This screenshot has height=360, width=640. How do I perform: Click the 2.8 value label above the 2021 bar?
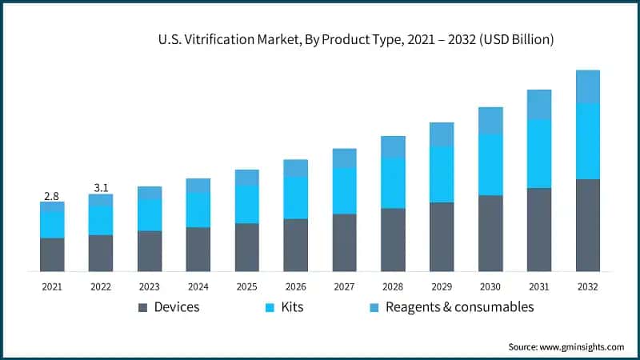[x=52, y=195]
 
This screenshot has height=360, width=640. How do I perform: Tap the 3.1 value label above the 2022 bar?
[x=101, y=187]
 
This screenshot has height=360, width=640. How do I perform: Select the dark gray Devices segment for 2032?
[x=588, y=226]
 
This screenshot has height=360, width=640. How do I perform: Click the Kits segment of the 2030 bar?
[x=490, y=165]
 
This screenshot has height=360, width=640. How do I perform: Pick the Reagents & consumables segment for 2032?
[x=588, y=86]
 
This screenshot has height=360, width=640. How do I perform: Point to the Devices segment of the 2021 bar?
[x=52, y=254]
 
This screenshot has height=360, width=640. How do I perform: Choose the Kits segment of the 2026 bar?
[x=295, y=198]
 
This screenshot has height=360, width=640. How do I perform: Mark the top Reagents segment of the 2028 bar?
[x=393, y=146]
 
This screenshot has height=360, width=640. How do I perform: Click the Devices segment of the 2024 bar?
[x=198, y=249]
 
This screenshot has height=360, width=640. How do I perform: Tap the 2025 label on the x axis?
[x=247, y=286]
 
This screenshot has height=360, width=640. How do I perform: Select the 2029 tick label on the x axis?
[x=442, y=286]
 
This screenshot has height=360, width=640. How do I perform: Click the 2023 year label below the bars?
[x=150, y=286]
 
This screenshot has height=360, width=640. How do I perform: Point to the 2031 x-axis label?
[x=539, y=286]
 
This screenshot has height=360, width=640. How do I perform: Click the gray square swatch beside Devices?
[x=143, y=307]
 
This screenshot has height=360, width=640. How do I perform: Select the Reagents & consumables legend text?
[x=459, y=306]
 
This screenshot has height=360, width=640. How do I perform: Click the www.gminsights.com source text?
[x=583, y=346]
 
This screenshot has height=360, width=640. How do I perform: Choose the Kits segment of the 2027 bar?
[x=344, y=191]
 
